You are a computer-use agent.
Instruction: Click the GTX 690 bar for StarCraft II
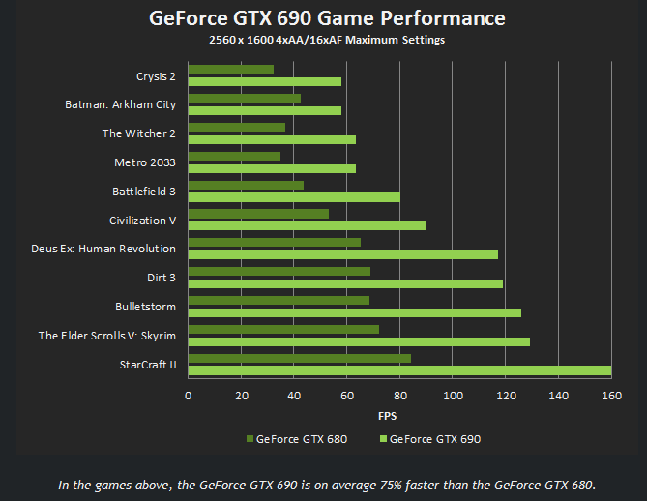pyautogui.click(x=399, y=370)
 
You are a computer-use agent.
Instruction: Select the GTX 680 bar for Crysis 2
pyautogui.click(x=230, y=70)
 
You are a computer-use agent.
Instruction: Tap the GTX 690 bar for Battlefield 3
pyautogui.click(x=294, y=197)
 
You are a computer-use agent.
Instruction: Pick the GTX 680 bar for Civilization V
pyautogui.click(x=258, y=214)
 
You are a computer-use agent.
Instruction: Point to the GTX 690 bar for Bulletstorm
pyautogui.click(x=354, y=312)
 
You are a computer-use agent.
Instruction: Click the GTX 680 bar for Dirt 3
pyautogui.click(x=279, y=272)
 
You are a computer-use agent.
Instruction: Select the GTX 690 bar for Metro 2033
pyautogui.click(x=272, y=168)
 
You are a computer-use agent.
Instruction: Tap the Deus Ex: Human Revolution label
pyautogui.click(x=103, y=249)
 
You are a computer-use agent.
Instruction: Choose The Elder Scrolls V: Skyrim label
pyautogui.click(x=107, y=336)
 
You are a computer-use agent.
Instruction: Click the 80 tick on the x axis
pyautogui.click(x=399, y=396)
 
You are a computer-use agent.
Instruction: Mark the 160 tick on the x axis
pyautogui.click(x=611, y=396)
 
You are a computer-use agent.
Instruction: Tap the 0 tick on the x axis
pyautogui.click(x=188, y=396)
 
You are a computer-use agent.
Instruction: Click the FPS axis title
pyautogui.click(x=388, y=417)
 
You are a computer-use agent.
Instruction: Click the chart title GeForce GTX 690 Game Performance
pyautogui.click(x=327, y=18)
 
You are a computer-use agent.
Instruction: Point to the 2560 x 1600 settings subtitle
pyautogui.click(x=327, y=40)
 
